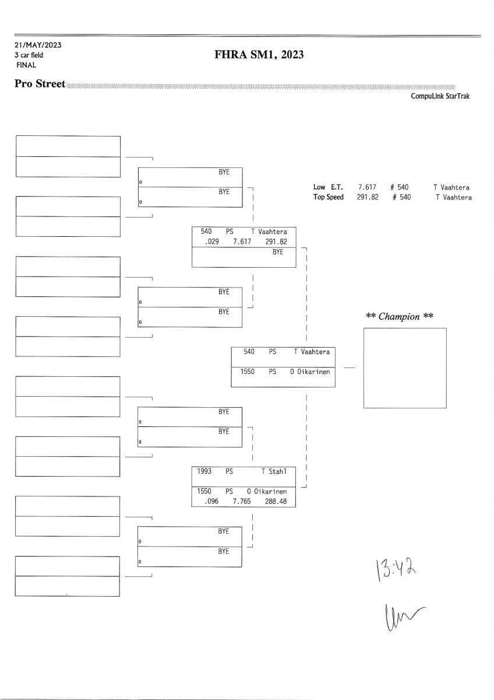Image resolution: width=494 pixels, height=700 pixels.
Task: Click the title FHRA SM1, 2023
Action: click(259, 55)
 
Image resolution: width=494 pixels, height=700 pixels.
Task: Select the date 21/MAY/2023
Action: click(38, 45)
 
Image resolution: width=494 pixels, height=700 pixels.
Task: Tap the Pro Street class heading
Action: click(40, 84)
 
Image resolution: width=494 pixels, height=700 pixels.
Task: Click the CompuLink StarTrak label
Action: click(440, 96)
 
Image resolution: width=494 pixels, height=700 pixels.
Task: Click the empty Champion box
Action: click(405, 368)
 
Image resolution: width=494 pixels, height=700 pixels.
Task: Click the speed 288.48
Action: click(275, 501)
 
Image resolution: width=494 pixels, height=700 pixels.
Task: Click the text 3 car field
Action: click(29, 55)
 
